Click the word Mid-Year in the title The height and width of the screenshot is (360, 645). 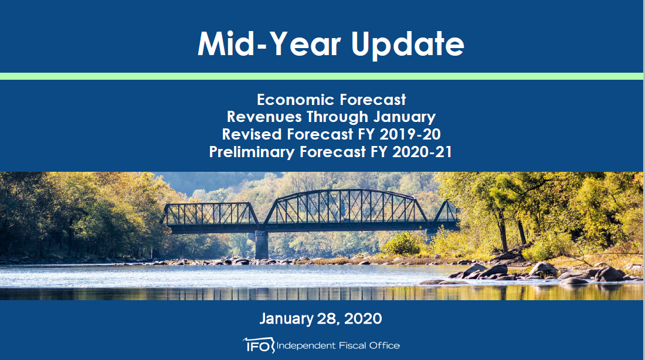(x=270, y=43)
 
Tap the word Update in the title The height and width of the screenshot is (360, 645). (x=408, y=45)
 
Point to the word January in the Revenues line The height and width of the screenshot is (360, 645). (x=405, y=117)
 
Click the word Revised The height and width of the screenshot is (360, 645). (x=252, y=134)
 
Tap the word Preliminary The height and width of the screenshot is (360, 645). (x=252, y=152)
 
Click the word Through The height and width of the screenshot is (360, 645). (x=337, y=117)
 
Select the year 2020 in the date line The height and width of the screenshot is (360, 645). (x=363, y=319)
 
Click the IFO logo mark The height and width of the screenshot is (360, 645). (x=259, y=345)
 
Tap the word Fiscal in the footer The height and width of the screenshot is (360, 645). (x=352, y=345)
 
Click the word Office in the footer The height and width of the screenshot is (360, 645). (x=384, y=345)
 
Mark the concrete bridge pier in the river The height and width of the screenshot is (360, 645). (x=261, y=245)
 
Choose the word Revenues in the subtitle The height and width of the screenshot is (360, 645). (x=264, y=117)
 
